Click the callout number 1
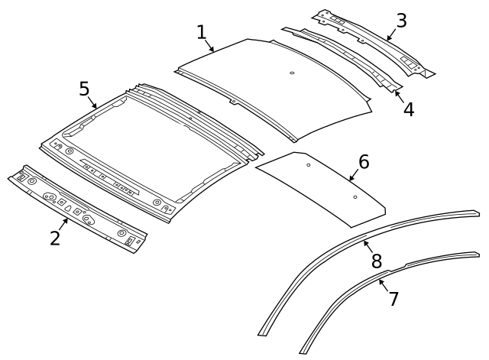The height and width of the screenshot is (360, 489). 201,32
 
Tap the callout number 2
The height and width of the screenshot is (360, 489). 55,238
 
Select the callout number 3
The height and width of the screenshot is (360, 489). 400,21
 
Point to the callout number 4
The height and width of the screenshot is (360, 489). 409,109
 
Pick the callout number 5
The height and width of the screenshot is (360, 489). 85,89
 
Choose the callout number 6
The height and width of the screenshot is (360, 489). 364,161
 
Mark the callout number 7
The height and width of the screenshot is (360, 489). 393,298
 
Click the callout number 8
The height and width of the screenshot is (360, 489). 376,261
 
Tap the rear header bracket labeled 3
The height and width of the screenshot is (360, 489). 374,42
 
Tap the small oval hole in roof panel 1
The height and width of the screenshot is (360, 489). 292,74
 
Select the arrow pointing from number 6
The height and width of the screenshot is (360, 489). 354,177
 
